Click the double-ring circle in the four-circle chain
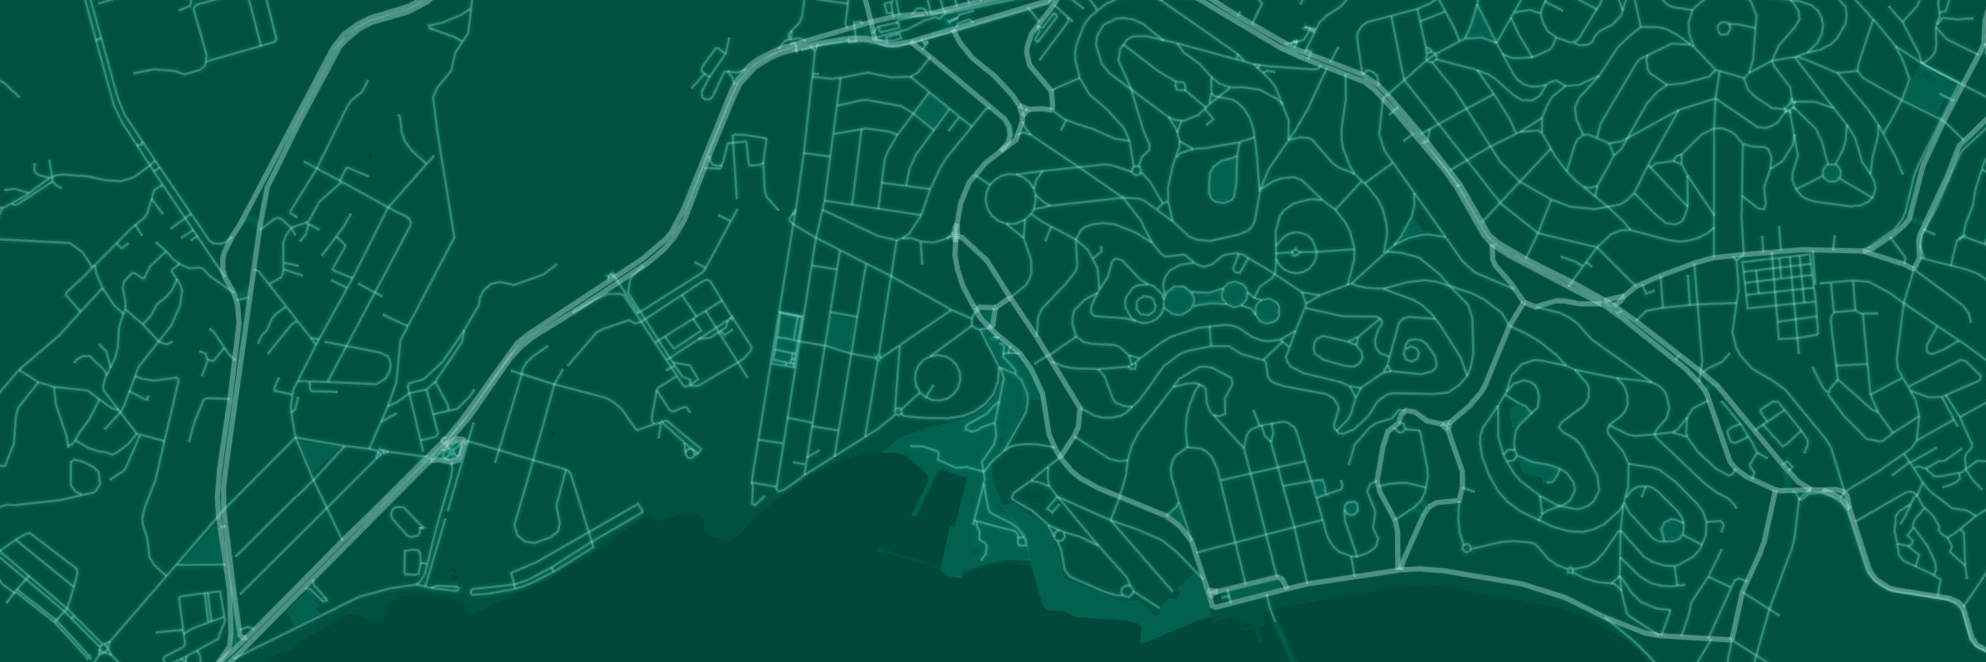point(1145,305)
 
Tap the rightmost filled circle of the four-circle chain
point(1267,310)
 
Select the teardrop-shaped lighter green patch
point(1220,179)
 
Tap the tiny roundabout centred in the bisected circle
point(1297,253)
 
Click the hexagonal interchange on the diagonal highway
point(451,449)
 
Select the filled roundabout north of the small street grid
point(1831,173)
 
